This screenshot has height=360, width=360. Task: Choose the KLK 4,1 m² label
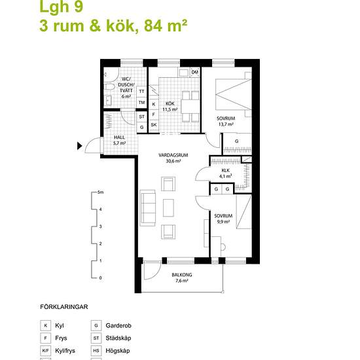226,173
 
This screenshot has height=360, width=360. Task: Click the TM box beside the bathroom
141,103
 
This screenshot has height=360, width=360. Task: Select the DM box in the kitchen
194,72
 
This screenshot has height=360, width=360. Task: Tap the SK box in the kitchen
154,124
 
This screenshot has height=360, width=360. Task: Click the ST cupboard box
141,117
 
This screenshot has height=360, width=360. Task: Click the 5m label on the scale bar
100,193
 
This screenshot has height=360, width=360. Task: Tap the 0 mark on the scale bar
100,278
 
